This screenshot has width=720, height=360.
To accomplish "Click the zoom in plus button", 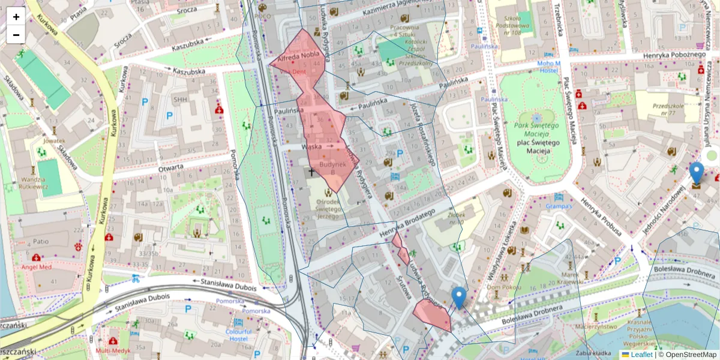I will [x=16, y=17].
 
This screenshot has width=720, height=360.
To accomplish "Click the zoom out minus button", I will [x=16, y=35].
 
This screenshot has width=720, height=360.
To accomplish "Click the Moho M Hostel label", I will [x=548, y=67].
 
